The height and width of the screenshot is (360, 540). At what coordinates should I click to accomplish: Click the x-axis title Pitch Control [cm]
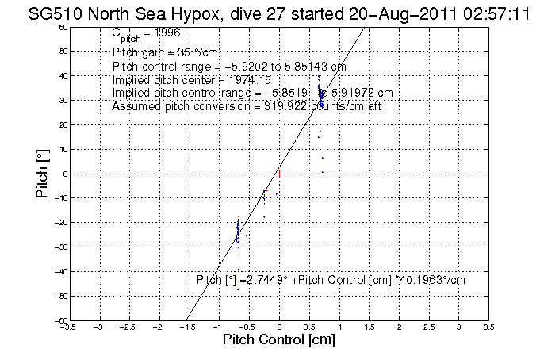pos(279,339)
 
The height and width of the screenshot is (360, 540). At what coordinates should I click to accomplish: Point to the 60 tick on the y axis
pos(63,27)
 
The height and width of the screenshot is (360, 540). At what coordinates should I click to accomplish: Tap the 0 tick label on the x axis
pos(279,327)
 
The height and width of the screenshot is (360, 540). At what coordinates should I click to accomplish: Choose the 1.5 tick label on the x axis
pos(370,327)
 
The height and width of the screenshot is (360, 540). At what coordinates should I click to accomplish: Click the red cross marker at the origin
pos(279,173)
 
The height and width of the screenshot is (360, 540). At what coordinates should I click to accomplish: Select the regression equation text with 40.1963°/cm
pos(331,279)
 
